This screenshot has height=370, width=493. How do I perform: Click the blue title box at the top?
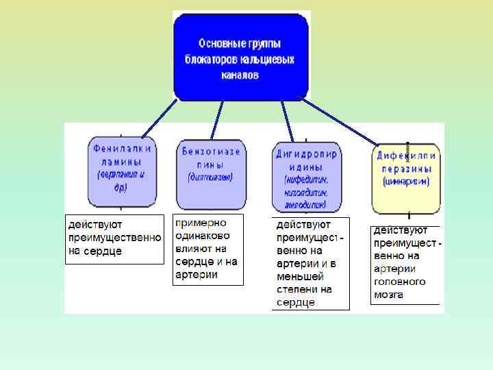click(241, 56)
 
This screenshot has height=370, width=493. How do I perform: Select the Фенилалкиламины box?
click(122, 171)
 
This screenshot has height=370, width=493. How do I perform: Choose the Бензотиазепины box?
click(210, 174)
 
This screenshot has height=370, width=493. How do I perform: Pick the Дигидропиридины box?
click(306, 176)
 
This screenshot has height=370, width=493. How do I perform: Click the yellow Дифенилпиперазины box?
click(406, 178)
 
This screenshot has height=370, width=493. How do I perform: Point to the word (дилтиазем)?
click(210, 176)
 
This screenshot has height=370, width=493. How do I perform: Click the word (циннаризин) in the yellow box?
click(406, 182)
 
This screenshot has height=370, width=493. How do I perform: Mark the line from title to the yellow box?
click(340, 122)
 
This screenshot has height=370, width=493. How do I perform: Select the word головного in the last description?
click(399, 282)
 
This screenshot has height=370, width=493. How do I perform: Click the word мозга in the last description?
click(388, 295)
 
